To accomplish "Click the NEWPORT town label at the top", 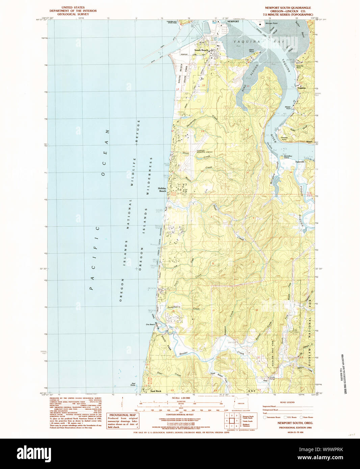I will pyautogui.click(x=233, y=21).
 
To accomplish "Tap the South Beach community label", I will pyautogui.click(x=201, y=50).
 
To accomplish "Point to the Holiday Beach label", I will pyautogui.click(x=162, y=190).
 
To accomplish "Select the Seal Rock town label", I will pyautogui.click(x=156, y=391).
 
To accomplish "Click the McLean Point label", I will pyautogui.click(x=271, y=23).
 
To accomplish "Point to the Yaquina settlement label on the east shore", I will pyautogui.click(x=301, y=88).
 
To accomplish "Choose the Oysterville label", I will pyautogui.click(x=300, y=162).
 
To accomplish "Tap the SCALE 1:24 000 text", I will pyautogui.click(x=181, y=398).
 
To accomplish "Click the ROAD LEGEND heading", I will pyautogui.click(x=287, y=402).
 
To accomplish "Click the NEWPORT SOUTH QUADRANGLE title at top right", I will pyautogui.click(x=288, y=8).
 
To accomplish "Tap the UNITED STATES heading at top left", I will pyautogui.click(x=73, y=7).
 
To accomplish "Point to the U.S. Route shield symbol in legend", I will pyautogui.click(x=285, y=417).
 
